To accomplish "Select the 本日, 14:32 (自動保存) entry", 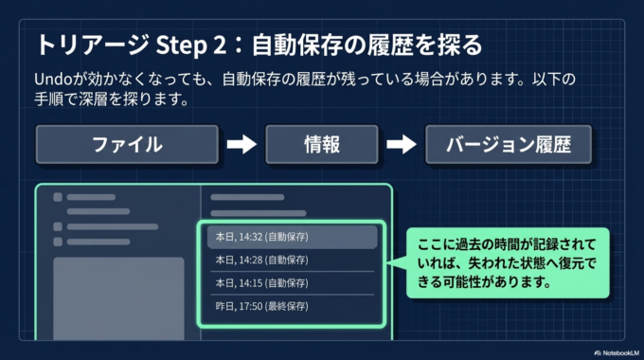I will pyautogui.click(x=291, y=236).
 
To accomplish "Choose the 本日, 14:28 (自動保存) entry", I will pyautogui.click(x=291, y=259).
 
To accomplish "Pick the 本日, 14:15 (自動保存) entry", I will pyautogui.click(x=291, y=282).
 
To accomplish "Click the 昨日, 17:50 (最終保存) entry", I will pyautogui.click(x=291, y=306).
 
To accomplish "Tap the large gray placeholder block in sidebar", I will pyautogui.click(x=118, y=297).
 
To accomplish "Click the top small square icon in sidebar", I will pyautogui.click(x=58, y=198).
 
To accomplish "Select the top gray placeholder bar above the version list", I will pyautogui.click(x=247, y=198).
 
